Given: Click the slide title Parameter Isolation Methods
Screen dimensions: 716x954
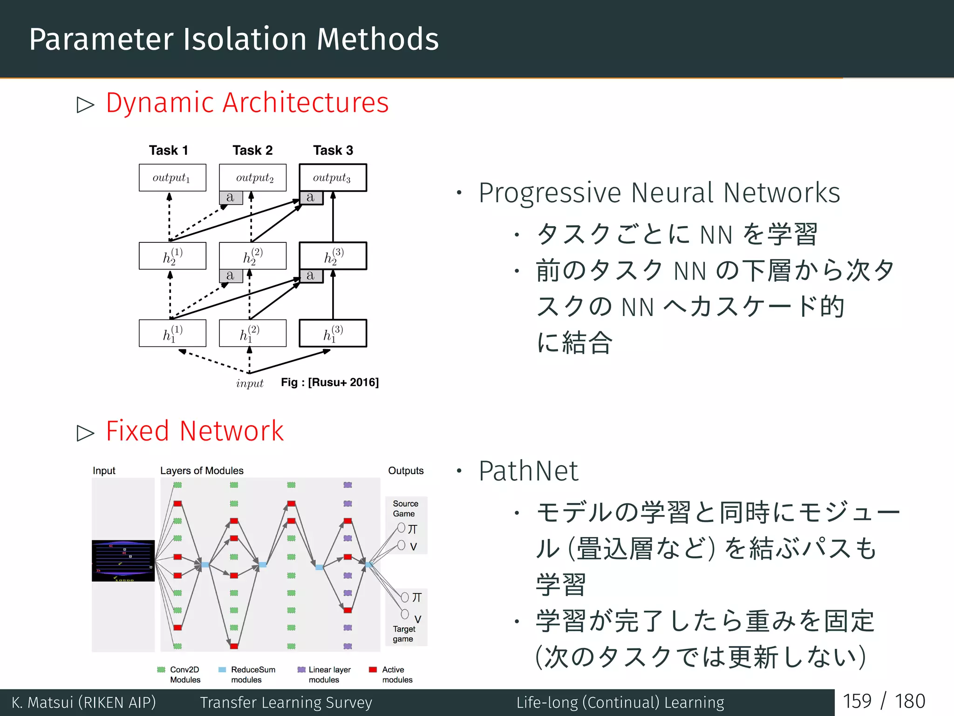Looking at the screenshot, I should (x=234, y=39).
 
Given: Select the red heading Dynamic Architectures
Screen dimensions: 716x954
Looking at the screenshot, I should (x=247, y=103).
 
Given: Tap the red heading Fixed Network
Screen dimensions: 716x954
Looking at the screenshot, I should (x=194, y=431).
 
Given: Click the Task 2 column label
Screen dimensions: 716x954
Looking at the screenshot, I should (x=252, y=151).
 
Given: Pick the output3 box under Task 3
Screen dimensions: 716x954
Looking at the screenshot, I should (x=333, y=178).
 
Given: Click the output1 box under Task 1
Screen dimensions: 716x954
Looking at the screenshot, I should (x=172, y=178).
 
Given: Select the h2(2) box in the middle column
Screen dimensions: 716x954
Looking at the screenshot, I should (x=252, y=256).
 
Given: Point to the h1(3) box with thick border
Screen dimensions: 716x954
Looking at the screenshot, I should (x=333, y=333).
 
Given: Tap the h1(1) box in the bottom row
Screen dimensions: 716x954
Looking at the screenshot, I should (x=172, y=333).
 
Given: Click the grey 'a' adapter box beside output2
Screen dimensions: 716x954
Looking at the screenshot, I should (x=231, y=198).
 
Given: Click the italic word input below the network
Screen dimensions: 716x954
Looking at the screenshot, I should (x=250, y=384).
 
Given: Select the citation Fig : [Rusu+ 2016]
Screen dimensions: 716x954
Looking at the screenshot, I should (x=330, y=383).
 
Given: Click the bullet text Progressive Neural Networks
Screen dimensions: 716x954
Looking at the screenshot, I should (x=659, y=193).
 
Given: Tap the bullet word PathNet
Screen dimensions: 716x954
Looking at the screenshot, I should (x=528, y=471).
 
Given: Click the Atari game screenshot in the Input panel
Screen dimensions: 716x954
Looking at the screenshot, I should (x=123, y=561).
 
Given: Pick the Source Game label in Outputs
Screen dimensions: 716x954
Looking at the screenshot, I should (x=405, y=509).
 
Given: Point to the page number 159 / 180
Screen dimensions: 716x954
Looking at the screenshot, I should (x=884, y=702).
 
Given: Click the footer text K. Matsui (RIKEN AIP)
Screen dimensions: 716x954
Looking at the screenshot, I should (x=84, y=702).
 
